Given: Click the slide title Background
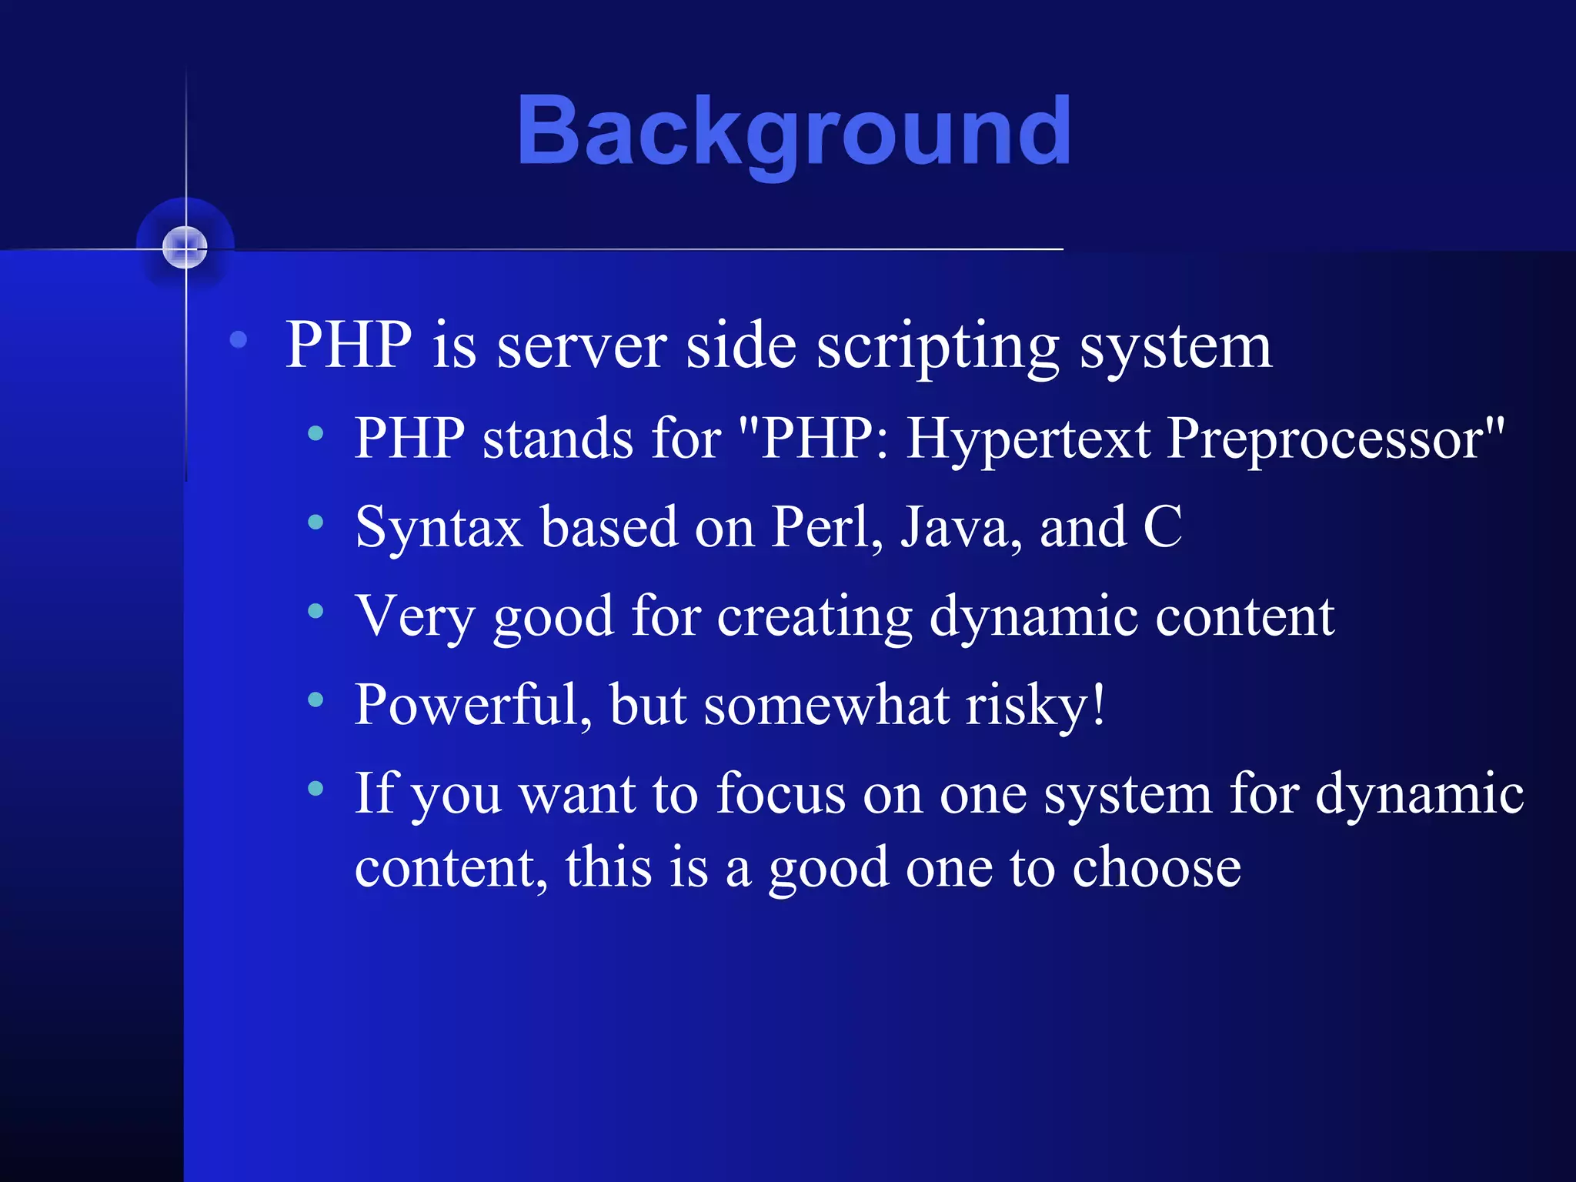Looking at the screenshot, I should [794, 131].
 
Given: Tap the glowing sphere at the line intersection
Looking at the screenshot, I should [185, 247].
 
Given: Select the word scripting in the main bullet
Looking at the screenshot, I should [937, 347].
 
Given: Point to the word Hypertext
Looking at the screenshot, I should [1028, 439].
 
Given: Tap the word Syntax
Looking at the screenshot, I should [439, 528].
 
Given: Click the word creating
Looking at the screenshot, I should [814, 617].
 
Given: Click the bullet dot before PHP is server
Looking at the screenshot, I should [239, 339].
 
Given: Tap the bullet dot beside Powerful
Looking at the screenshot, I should [316, 700].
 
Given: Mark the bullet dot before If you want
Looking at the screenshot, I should [316, 788].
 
